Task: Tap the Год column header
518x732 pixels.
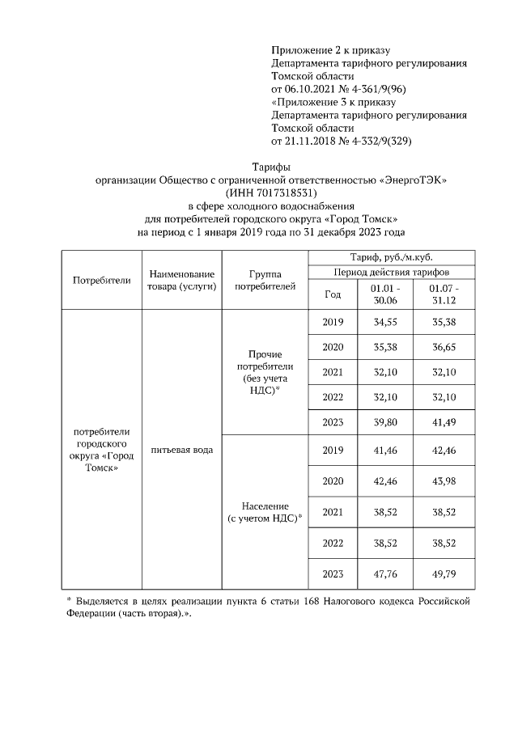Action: point(333,294)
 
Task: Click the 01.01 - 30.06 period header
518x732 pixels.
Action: point(384,294)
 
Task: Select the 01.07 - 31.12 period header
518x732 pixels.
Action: point(444,294)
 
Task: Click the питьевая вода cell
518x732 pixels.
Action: point(181,450)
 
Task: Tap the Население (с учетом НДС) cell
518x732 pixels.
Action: point(265,511)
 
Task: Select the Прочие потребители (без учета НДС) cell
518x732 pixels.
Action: point(265,371)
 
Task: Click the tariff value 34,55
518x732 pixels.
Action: point(384,322)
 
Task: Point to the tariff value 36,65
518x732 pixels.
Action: point(444,347)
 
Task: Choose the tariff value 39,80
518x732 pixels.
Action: point(384,421)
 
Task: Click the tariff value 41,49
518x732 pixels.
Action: point(444,421)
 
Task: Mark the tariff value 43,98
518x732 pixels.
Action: point(444,480)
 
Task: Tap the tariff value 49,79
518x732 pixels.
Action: point(444,573)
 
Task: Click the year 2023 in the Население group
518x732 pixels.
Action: point(333,573)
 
